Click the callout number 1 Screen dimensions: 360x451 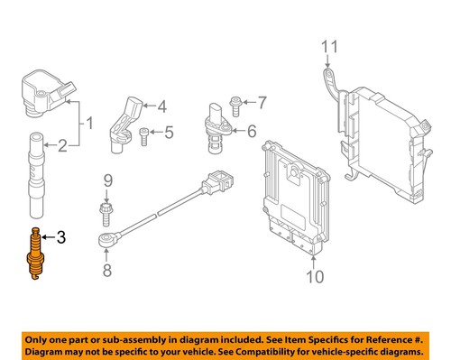click(x=88, y=123)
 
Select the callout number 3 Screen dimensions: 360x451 click(x=61, y=239)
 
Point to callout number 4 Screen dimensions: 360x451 click(x=162, y=106)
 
